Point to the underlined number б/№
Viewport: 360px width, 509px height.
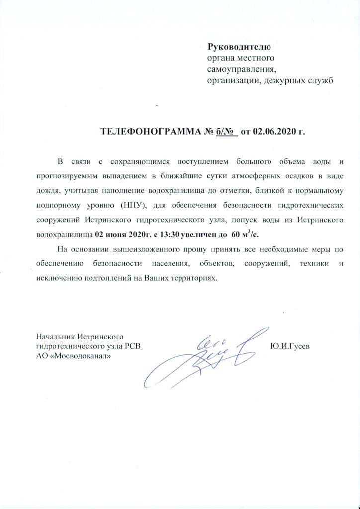226,132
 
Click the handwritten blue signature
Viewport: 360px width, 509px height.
209,355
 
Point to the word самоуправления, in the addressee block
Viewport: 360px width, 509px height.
241,69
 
